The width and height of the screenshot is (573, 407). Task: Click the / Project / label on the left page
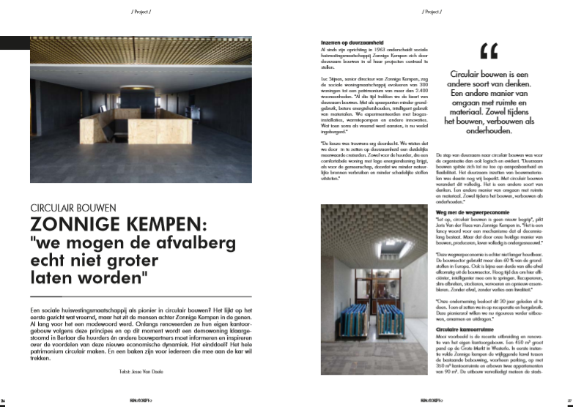pos(144,12)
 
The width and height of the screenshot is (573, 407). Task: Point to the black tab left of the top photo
pos(14,43)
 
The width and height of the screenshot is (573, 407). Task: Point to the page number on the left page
pos(4,401)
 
